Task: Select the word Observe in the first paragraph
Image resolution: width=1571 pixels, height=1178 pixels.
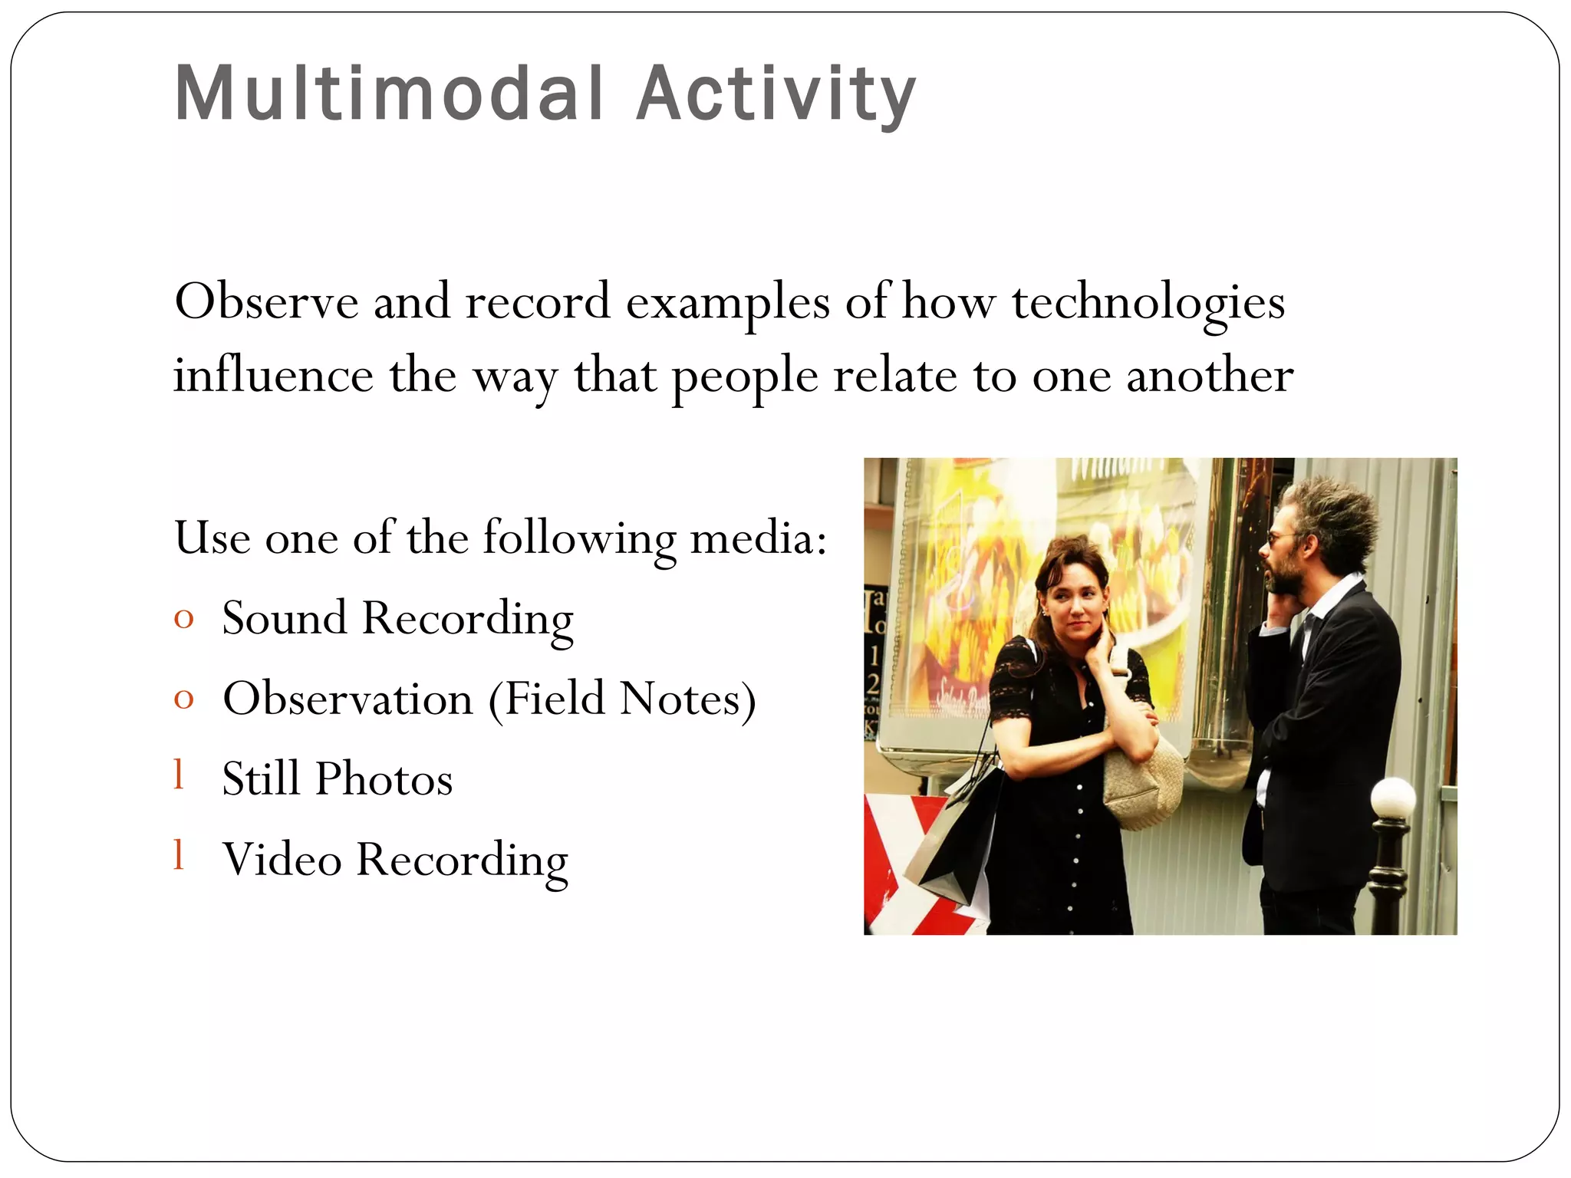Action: pyautogui.click(x=266, y=301)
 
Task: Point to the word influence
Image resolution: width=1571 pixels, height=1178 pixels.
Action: pyautogui.click(x=273, y=375)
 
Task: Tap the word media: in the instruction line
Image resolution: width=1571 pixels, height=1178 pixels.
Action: pyautogui.click(x=759, y=538)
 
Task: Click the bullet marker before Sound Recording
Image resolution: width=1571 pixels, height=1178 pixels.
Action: pyautogui.click(x=183, y=618)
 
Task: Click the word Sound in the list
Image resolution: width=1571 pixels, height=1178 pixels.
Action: pyautogui.click(x=285, y=617)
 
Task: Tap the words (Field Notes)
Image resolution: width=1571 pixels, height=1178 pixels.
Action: pyautogui.click(x=622, y=699)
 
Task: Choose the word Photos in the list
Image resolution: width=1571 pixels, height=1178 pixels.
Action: pyautogui.click(x=384, y=779)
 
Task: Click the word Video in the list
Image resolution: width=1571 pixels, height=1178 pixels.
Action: pyautogui.click(x=282, y=859)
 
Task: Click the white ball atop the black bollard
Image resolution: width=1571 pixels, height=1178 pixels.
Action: pyautogui.click(x=1392, y=798)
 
